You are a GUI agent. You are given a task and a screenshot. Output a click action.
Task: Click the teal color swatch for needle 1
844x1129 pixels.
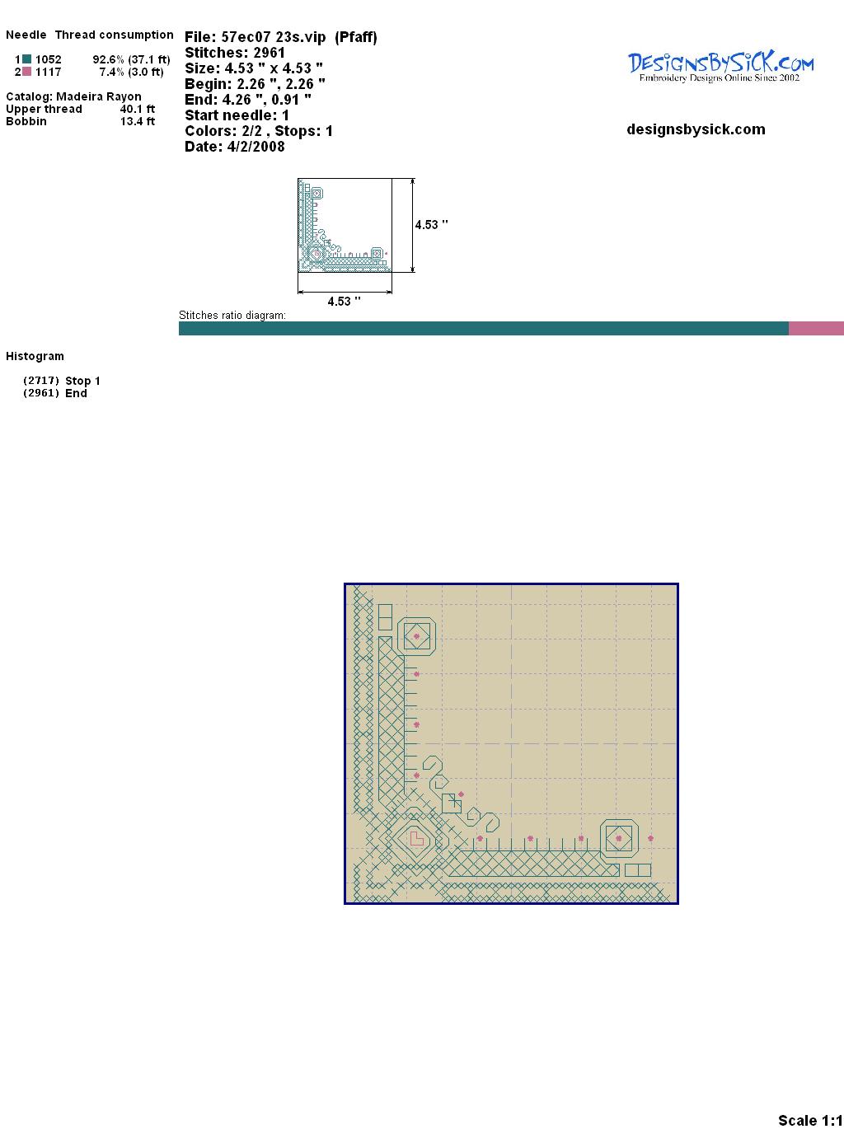26,59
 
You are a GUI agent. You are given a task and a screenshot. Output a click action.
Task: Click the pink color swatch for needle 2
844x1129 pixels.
26,72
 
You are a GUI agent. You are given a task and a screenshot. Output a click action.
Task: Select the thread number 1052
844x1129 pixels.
49,59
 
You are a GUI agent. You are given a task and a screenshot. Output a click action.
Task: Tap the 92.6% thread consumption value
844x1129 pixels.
109,59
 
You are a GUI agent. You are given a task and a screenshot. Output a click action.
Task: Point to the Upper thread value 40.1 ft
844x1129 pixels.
138,109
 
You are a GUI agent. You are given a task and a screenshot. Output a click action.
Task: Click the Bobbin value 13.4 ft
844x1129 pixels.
138,121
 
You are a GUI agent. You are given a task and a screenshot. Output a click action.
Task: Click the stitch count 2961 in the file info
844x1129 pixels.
269,53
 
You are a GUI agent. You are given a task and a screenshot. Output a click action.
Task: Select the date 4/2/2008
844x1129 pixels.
256,147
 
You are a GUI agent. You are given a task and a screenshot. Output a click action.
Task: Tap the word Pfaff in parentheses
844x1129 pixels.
356,38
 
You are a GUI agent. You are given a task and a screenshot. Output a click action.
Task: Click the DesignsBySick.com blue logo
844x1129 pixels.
720,67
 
